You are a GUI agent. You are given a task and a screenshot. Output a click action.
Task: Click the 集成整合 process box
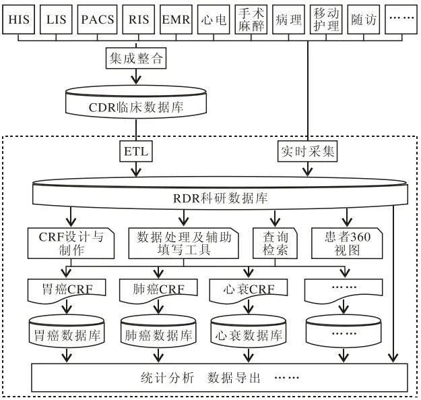(136, 59)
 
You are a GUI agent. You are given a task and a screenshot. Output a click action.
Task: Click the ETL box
(136, 152)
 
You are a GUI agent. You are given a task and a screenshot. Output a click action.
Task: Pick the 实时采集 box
(307, 152)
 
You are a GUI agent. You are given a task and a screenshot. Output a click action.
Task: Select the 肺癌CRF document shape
(158, 291)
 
